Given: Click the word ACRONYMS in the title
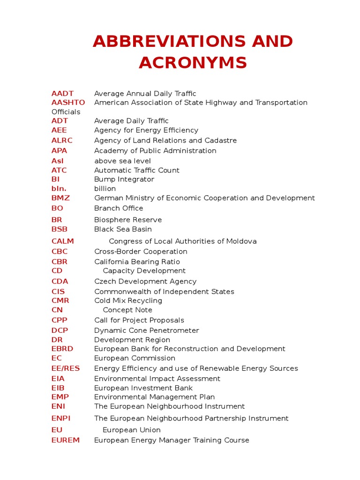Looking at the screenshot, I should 193,62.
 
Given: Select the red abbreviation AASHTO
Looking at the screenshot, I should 68,102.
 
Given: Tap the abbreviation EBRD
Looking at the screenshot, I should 62,349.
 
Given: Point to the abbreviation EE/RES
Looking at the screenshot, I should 66,368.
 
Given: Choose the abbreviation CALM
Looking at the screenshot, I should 63,241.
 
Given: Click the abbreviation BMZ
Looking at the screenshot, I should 60,198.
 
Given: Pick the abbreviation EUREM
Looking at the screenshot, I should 66,440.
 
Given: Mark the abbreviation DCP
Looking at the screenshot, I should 60,330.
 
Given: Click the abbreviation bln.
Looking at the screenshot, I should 59,188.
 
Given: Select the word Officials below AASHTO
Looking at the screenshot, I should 66,112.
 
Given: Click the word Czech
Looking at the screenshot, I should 105,281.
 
